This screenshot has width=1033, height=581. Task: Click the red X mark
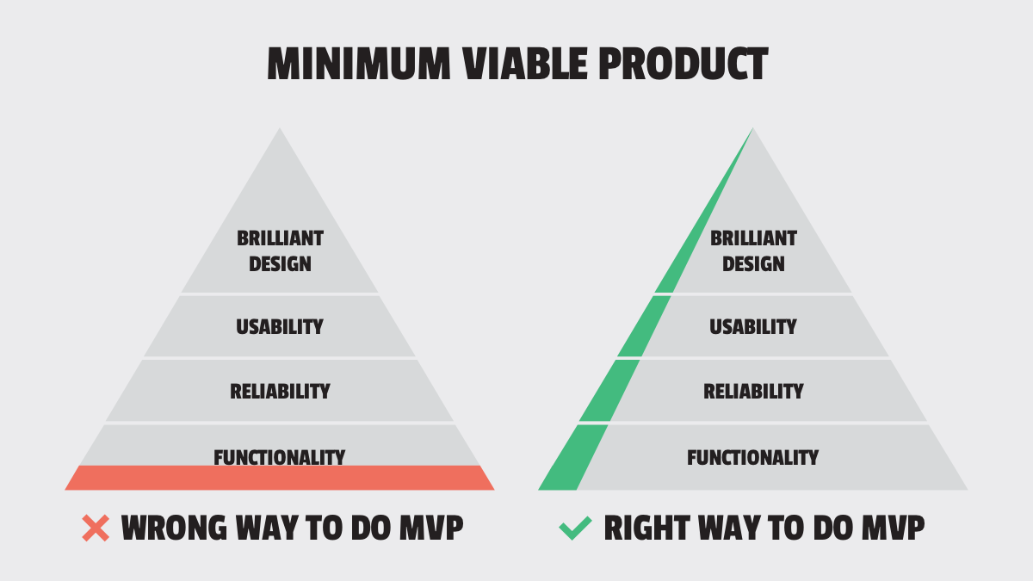point(96,528)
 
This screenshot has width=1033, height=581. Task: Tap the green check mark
point(574,528)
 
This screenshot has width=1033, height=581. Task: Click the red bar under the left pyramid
point(280,478)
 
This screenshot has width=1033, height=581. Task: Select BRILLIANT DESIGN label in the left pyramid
point(280,250)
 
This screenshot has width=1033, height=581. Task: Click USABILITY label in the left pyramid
point(280,326)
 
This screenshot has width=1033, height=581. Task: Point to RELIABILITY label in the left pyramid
point(280,391)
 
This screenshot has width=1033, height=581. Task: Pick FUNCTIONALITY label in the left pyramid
point(280,457)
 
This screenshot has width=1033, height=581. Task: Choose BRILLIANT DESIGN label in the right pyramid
point(753,250)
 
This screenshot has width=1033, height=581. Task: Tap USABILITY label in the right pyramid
point(753,326)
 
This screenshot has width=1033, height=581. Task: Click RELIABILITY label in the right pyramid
point(753,391)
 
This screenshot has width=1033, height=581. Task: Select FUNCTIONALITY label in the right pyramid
point(753,457)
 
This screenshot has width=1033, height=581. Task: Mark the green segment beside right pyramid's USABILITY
point(643,326)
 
